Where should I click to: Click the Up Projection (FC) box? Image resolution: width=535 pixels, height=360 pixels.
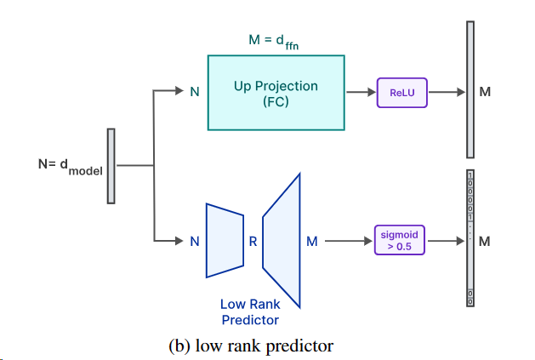(276, 93)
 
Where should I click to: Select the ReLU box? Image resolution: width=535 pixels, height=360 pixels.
(401, 92)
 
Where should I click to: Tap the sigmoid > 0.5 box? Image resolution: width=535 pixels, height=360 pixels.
(400, 241)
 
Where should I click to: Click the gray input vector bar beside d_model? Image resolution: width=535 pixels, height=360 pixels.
(111, 166)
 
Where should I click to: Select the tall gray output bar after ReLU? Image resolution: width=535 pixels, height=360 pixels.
(470, 89)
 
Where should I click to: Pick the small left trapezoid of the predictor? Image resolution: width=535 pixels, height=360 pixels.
(224, 240)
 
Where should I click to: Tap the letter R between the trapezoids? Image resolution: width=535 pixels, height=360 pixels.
(253, 241)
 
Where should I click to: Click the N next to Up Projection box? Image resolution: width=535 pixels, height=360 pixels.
(195, 92)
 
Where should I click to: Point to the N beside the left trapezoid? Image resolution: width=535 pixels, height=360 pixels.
(195, 241)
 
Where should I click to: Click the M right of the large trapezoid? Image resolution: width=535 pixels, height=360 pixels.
(311, 241)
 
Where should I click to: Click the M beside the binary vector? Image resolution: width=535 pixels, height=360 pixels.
(486, 241)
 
